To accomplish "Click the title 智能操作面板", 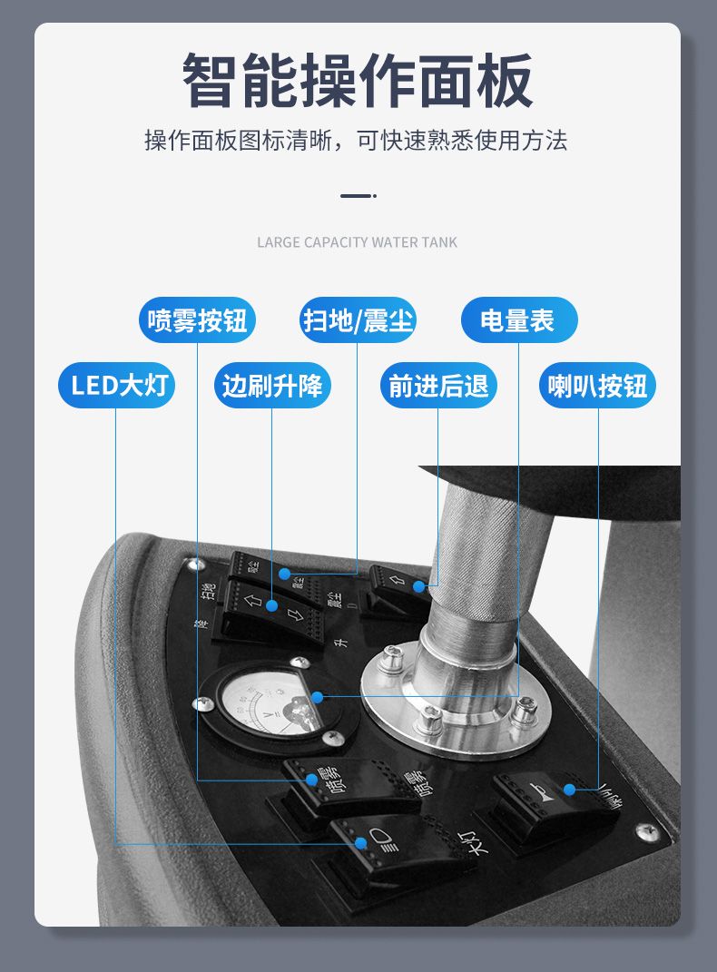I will pos(358,82).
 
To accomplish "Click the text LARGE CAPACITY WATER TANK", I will pos(358,242).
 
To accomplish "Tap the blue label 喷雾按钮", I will pos(197,320).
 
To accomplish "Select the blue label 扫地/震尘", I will pos(358,320).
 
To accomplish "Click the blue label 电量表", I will pos(518,320).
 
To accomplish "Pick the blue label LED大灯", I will pos(116,386).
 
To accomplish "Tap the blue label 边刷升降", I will pos(272,386).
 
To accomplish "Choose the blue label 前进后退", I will pos(438,386).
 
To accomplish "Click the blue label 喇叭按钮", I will pos(598,386).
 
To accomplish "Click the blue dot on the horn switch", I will pos(569,790).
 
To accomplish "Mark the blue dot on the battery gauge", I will pos(317,697).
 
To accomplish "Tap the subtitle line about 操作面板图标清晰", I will pos(356,141).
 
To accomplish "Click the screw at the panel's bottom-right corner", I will pos(646,830).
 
